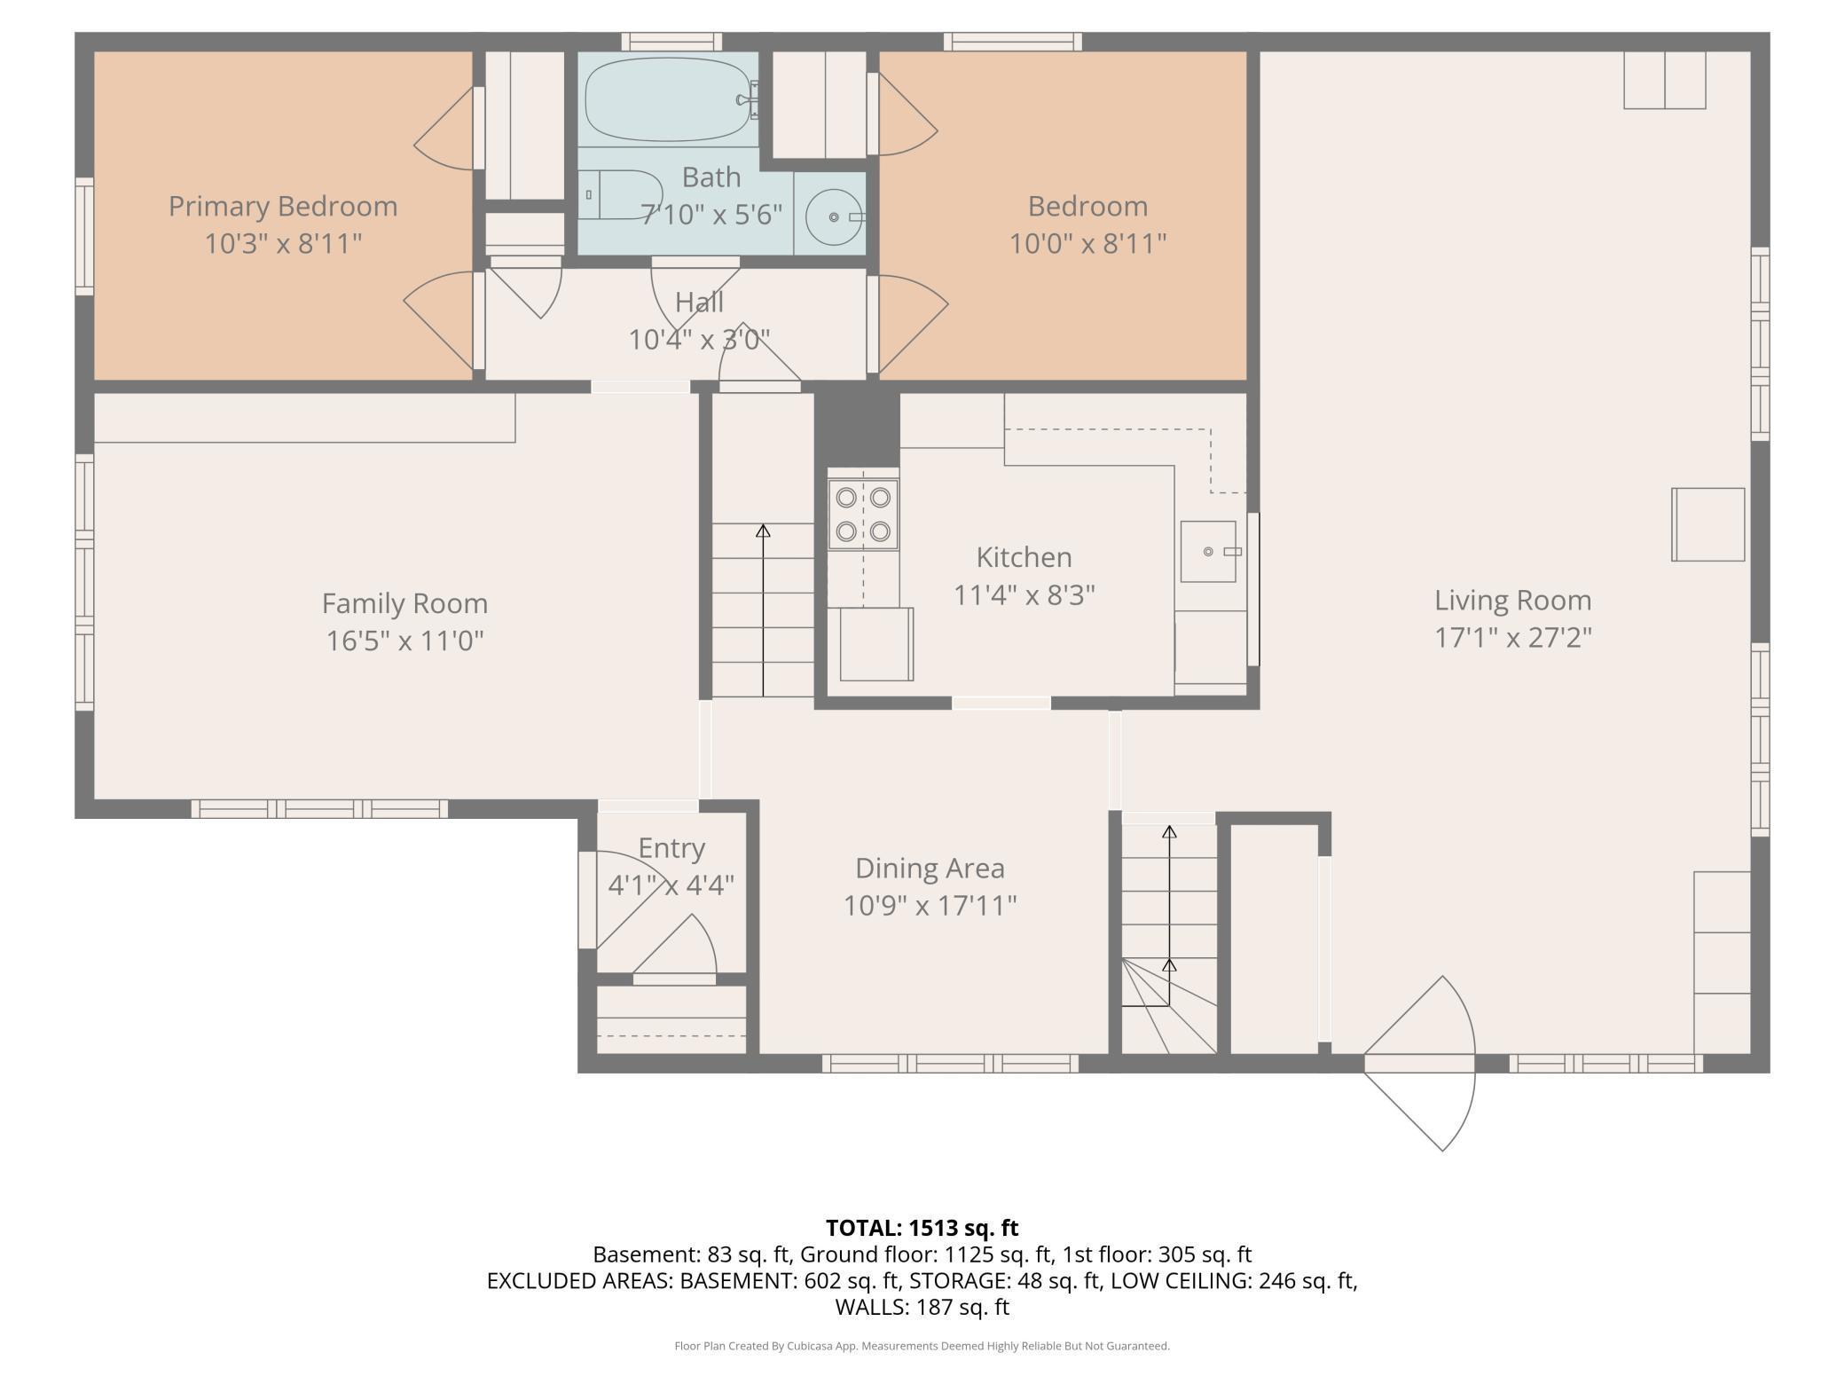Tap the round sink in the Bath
tap(833, 216)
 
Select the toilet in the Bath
tap(621, 194)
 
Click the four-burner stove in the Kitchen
tap(863, 515)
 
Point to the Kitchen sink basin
tap(1208, 551)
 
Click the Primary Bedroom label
tap(283, 207)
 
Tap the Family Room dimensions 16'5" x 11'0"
tap(405, 640)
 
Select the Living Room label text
tap(1513, 601)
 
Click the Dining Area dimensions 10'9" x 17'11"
tap(930, 906)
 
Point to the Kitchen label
tap(1025, 557)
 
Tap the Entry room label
tap(671, 848)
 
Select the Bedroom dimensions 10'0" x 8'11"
tap(1087, 243)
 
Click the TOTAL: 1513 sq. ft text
tap(922, 1228)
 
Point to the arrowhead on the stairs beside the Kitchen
tap(763, 531)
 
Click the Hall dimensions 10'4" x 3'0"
tap(699, 339)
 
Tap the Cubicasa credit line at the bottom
tap(922, 1346)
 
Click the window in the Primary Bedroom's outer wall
tap(84, 236)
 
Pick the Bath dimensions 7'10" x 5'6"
tap(711, 215)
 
